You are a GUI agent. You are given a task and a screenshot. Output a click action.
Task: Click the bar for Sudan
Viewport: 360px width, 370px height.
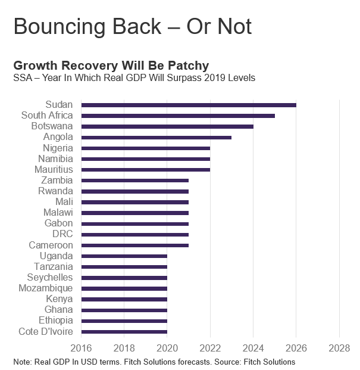pos(189,105)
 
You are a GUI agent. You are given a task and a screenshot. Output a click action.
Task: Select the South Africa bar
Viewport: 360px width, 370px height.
pos(178,116)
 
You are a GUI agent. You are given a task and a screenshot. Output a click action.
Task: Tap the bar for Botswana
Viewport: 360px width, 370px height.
pos(167,126)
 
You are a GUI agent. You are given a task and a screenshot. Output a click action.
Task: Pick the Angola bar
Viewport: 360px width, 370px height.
pos(156,137)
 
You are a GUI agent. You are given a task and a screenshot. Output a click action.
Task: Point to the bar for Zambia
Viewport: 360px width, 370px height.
pos(135,180)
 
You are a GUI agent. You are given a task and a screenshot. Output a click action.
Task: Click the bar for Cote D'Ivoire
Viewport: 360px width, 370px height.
pos(124,331)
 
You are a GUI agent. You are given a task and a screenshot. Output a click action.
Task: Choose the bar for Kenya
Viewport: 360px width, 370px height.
pos(124,299)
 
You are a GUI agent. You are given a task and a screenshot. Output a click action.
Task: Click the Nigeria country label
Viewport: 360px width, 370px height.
pos(58,148)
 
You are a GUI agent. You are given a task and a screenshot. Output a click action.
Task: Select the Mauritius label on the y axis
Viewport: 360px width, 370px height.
pos(54,169)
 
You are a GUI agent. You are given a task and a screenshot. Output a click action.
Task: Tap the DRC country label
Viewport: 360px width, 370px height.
pos(62,234)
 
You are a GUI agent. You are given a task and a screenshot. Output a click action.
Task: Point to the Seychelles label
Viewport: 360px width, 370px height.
pos(50,277)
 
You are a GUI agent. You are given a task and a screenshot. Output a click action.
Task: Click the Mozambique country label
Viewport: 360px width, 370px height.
pos(46,288)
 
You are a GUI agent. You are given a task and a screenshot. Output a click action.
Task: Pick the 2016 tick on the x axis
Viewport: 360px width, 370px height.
pos(81,347)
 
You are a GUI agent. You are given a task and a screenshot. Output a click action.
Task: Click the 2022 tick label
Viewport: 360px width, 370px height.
pos(210,347)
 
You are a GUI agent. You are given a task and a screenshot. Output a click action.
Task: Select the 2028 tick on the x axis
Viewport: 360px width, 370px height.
pos(339,347)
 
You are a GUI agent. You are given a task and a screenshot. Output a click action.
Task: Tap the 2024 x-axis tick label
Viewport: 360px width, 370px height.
pos(253,347)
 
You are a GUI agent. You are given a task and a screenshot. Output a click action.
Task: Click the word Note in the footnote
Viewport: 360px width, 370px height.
pos(22,362)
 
